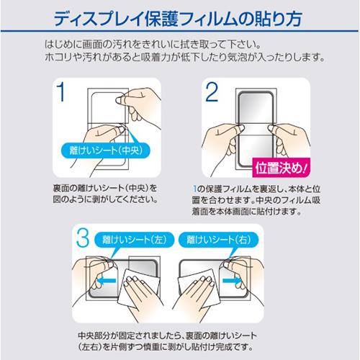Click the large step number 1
61,91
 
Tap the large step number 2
212,91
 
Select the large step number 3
83,238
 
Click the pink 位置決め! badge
281,168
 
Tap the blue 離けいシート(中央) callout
106,150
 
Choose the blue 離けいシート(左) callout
134,240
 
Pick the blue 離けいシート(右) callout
219,240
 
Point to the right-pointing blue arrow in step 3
232,280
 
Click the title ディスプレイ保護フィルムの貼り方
178,19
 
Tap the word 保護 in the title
161,19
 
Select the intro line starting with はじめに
153,45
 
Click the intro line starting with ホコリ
185,58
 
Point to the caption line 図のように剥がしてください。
105,199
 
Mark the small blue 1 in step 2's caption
194,189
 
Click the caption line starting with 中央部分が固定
167,336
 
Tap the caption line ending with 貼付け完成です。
165,347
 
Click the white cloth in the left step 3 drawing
138,288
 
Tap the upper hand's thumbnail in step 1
119,100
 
